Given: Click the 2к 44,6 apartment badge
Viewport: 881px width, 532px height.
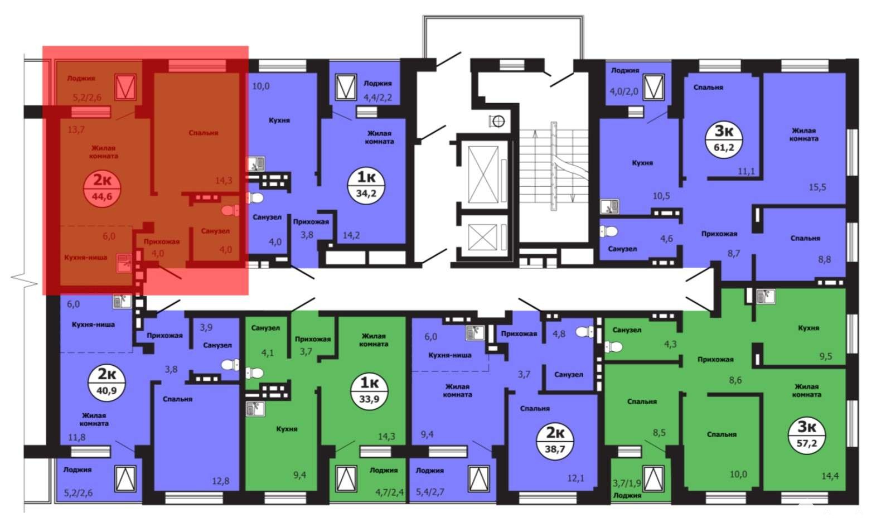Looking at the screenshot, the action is pos(102,188).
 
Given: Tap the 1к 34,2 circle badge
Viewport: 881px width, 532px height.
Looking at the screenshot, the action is pos(366,186).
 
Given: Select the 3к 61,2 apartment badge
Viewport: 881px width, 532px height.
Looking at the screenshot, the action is pos(724,139).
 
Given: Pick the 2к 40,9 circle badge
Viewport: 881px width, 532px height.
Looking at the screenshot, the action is pos(107,383).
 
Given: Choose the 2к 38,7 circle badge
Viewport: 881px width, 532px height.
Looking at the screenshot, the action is pos(555,440).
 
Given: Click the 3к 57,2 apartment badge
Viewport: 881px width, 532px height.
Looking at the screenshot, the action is pos(807,436).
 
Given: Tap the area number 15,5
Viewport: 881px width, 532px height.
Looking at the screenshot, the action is pos(817,187).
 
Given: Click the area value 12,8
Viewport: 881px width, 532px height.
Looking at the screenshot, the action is pos(221,481).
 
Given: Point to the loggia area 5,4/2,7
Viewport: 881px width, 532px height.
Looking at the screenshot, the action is pos(430,492).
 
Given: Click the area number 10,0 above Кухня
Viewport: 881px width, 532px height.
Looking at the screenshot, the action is pos(261,86).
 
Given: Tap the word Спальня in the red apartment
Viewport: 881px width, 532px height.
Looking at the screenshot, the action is pos(204,133).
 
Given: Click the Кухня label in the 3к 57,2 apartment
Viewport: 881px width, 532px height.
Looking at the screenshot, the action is pos(809,328).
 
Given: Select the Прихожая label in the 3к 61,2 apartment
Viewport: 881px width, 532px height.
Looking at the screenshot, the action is pos(719,234).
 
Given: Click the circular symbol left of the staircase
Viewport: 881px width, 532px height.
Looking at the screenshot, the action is pos(498,122).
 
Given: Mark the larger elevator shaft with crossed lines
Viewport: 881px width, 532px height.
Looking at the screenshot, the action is pos(482,174).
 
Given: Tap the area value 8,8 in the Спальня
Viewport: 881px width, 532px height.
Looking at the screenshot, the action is pos(824,259).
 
